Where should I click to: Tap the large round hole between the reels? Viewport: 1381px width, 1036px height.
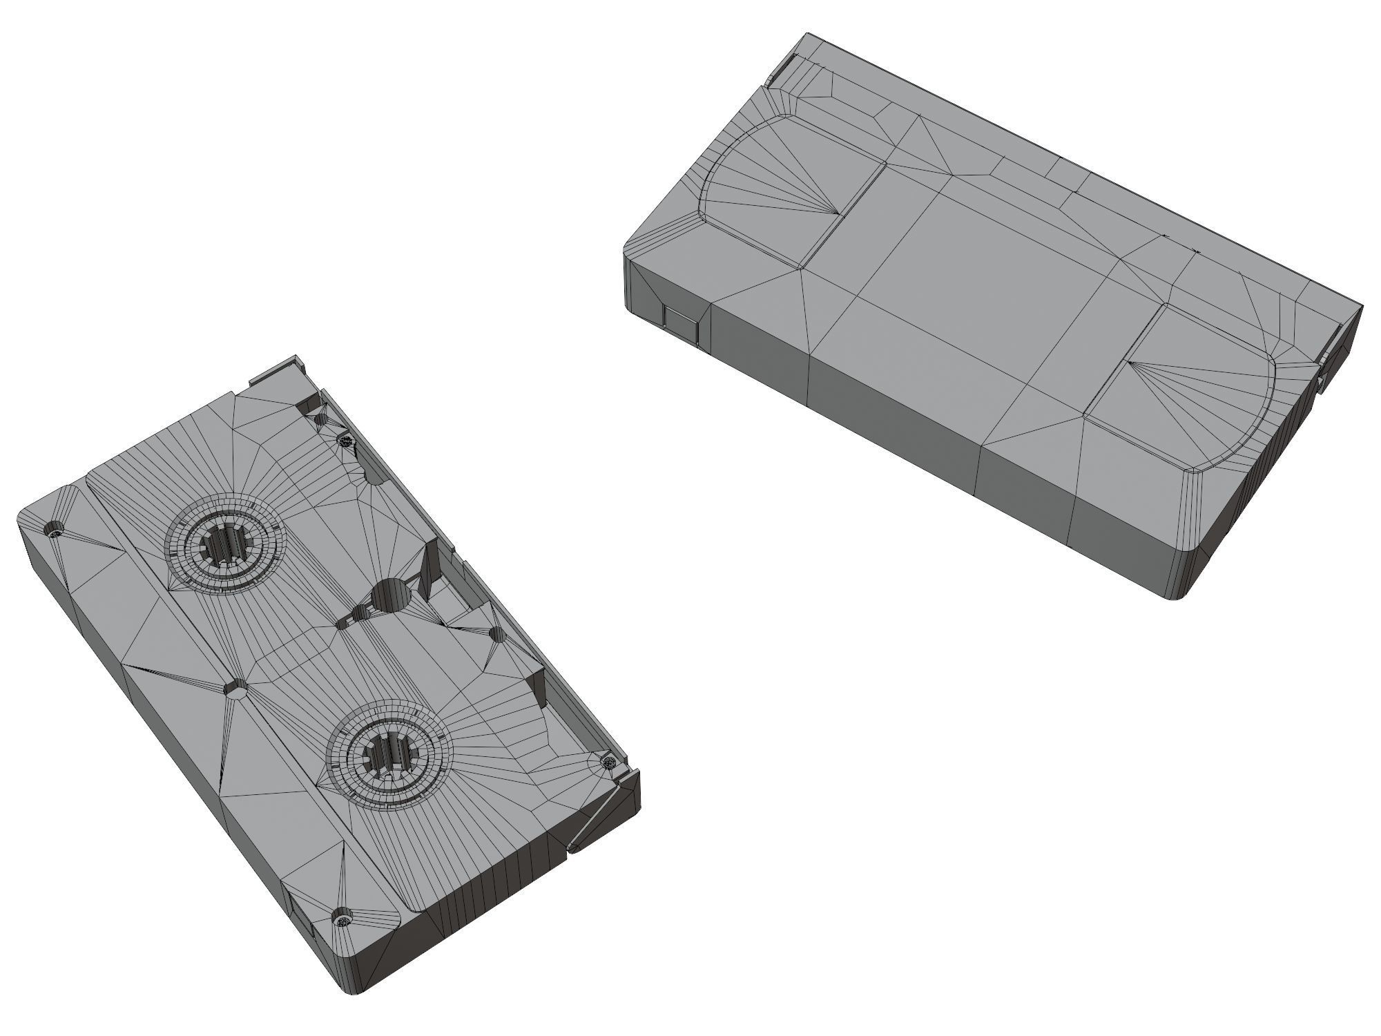pyautogui.click(x=392, y=595)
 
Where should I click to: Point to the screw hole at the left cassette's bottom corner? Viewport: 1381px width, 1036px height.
pyautogui.click(x=343, y=920)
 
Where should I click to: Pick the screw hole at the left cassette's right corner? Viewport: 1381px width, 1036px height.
pyautogui.click(x=609, y=762)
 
